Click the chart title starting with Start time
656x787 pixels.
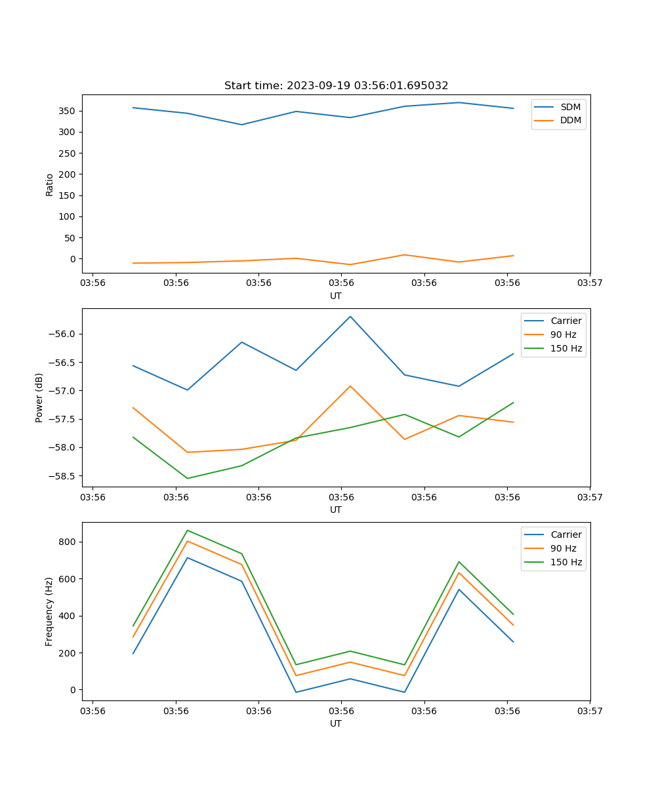[x=336, y=86]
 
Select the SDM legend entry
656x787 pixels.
[x=570, y=107]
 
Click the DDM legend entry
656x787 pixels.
[x=570, y=121]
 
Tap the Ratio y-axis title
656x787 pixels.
[x=50, y=184]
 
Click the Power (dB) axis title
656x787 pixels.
[x=39, y=397]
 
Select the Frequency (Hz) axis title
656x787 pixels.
[x=49, y=611]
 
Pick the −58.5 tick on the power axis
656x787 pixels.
[x=63, y=476]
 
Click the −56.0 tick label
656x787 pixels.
[x=63, y=334]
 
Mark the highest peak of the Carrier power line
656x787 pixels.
[x=350, y=316]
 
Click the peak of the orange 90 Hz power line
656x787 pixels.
[x=350, y=386]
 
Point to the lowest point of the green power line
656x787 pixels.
[x=188, y=478]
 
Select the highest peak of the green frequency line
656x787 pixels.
[x=188, y=530]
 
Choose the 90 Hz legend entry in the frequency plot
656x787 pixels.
[x=564, y=548]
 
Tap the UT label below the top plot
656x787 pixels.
[x=336, y=296]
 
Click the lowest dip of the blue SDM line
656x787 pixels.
[x=242, y=125]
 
